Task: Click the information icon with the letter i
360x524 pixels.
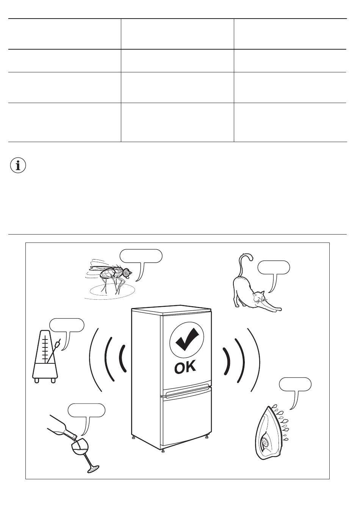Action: (x=18, y=166)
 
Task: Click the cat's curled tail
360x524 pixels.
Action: (x=244, y=263)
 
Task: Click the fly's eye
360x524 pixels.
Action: (x=126, y=272)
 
